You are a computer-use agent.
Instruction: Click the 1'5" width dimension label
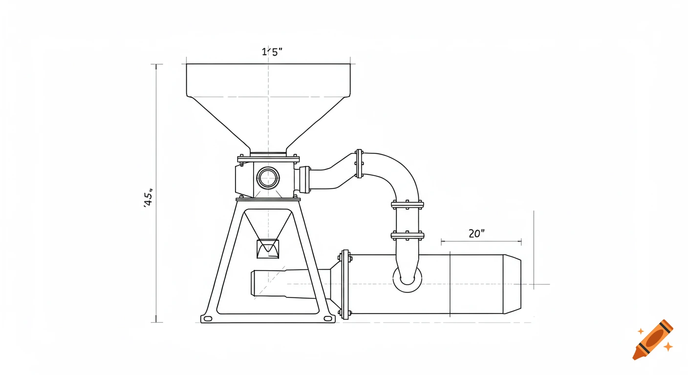pyautogui.click(x=272, y=52)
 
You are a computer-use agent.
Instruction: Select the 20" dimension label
pyautogui.click(x=476, y=233)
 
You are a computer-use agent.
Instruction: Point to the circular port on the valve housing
pyautogui.click(x=268, y=178)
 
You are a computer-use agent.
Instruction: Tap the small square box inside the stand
pyautogui.click(x=268, y=249)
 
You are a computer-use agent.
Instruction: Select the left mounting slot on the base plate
pyautogui.click(x=208, y=319)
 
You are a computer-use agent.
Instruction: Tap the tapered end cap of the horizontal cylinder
pyautogui.click(x=512, y=284)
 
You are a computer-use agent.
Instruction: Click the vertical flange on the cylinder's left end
pyautogui.click(x=345, y=284)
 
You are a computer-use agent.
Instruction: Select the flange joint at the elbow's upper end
pyautogui.click(x=359, y=164)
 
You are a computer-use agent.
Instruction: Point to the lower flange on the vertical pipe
pyautogui.click(x=407, y=235)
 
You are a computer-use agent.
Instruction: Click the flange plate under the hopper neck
pyautogui.click(x=268, y=159)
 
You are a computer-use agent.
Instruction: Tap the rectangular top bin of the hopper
pyautogui.click(x=268, y=80)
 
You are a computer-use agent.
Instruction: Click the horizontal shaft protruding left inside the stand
pyautogui.click(x=279, y=283)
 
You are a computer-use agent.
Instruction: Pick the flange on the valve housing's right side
pyautogui.click(x=305, y=180)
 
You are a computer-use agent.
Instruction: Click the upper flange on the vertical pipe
pyautogui.click(x=407, y=204)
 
